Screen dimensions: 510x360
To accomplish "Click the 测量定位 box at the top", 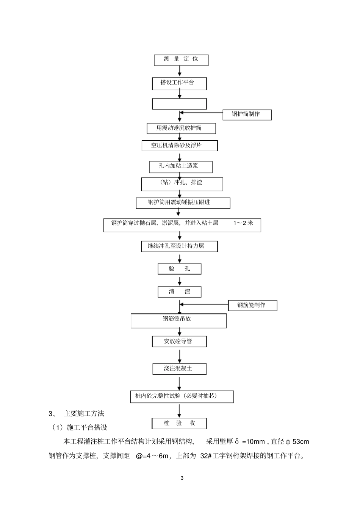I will point(181,59).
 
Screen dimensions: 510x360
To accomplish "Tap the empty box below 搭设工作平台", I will point(179,104).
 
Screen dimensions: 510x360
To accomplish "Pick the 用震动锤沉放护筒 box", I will point(181,128).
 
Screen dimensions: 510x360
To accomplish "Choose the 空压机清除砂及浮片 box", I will point(180,146).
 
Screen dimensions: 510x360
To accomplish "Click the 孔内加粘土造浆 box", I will point(181,166).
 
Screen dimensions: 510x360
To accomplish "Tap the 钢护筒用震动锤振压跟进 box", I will point(183,203).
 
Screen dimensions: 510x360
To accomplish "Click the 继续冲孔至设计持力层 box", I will point(179,246).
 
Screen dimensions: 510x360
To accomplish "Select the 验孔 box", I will point(179,269).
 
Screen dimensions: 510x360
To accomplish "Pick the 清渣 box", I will point(179,292).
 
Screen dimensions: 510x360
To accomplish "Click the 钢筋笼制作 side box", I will point(252,305).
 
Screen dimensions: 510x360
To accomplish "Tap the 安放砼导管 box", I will point(179,341).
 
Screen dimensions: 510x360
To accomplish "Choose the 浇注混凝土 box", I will point(179,369).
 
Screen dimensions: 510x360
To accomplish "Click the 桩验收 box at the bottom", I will point(179,423).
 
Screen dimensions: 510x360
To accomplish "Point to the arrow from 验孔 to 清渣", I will point(180,281).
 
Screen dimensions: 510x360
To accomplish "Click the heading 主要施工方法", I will point(84,413).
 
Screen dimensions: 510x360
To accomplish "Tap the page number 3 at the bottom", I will point(182,478).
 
